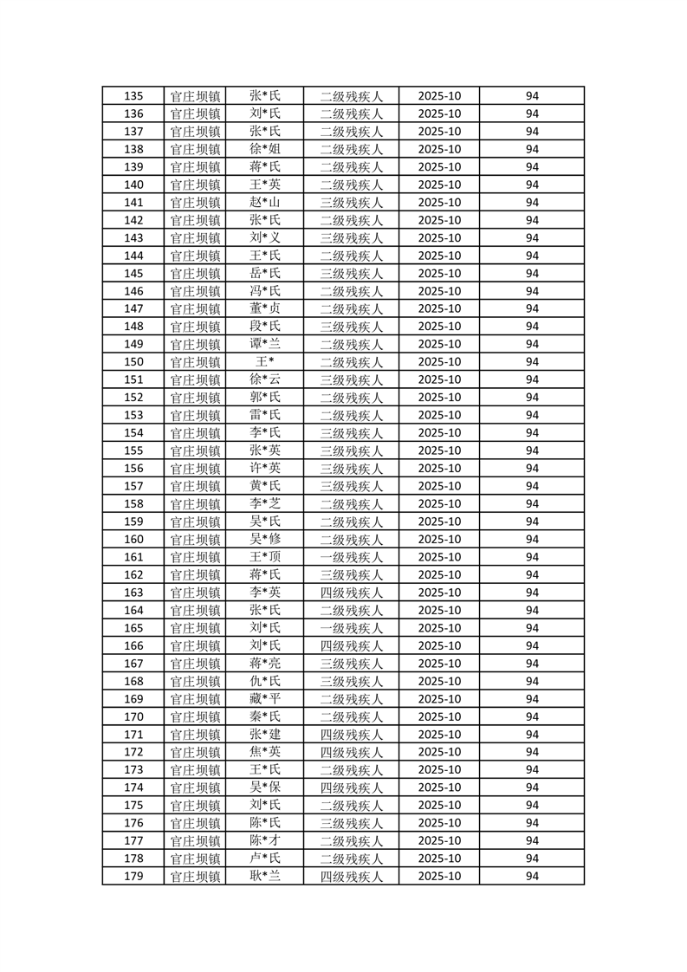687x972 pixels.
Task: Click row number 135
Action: tap(133, 96)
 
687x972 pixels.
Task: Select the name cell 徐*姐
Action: tap(265, 149)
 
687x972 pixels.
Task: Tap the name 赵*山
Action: tap(265, 203)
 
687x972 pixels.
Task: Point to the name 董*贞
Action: tap(265, 308)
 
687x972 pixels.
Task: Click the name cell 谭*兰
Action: tap(265, 344)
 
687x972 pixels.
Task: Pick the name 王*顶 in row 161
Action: tap(265, 557)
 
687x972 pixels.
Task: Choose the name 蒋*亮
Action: tap(265, 664)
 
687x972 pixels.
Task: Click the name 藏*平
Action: tap(265, 699)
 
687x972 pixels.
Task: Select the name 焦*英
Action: tap(265, 752)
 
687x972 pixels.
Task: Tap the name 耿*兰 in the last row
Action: tap(265, 876)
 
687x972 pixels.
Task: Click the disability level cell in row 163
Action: tap(351, 593)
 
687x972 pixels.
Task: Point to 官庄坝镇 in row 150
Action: tap(195, 362)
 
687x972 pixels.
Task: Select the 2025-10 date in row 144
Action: tap(439, 256)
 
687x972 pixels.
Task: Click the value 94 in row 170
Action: tap(532, 716)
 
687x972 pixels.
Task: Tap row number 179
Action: tap(133, 876)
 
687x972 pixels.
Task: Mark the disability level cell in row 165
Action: tap(351, 628)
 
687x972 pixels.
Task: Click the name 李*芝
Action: tap(265, 503)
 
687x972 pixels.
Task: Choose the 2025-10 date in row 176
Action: tap(439, 823)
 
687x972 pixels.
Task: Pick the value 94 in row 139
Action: tap(532, 167)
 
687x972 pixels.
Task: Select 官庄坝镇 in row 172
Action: tap(195, 752)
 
